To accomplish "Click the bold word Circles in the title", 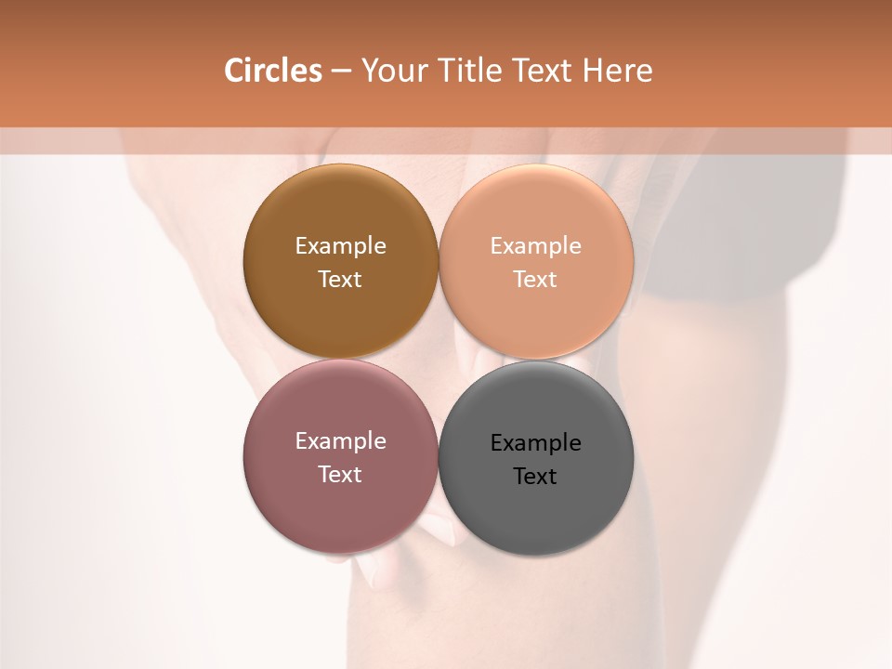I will coord(272,71).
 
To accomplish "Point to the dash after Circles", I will coord(341,72).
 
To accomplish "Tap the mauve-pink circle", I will coord(340,502).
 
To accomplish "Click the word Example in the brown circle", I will coord(340,246).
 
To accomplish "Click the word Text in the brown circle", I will coord(340,280).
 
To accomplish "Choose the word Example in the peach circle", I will coord(536,246).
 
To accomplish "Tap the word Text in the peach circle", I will coord(536,280).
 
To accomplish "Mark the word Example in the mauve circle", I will coord(340,441).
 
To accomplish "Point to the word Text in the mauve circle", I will coord(340,475).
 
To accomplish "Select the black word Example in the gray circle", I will coord(536,443).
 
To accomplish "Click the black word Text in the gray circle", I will coord(536,477).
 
